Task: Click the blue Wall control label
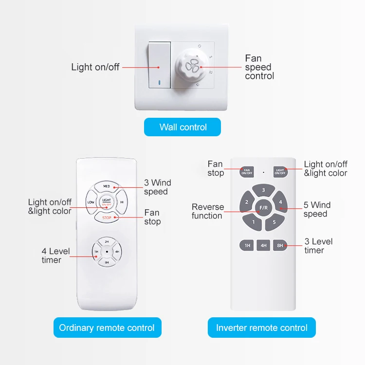click(182, 127)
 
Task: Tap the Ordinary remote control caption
click(107, 328)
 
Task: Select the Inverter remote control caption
click(261, 328)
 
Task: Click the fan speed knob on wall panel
click(192, 69)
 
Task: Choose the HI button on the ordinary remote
click(122, 202)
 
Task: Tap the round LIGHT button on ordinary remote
click(107, 202)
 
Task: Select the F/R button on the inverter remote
click(263, 208)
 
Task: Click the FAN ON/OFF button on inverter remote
click(247, 172)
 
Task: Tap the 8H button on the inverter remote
click(280, 246)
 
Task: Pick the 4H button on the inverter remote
click(263, 246)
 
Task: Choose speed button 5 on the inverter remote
click(274, 222)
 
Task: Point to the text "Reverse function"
click(208, 211)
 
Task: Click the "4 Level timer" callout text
click(55, 255)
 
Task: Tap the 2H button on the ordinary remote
click(107, 241)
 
